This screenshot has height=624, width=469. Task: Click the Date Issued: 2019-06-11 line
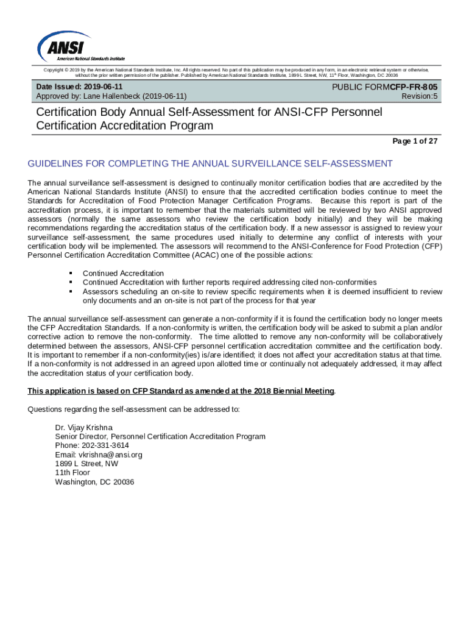click(x=83, y=87)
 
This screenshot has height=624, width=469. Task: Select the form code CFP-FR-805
click(x=413, y=87)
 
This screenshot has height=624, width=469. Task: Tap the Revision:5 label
click(x=420, y=96)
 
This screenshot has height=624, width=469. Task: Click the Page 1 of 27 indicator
click(x=415, y=141)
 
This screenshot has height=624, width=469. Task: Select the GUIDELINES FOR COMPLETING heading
click(x=210, y=164)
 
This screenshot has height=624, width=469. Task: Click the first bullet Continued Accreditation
click(x=123, y=274)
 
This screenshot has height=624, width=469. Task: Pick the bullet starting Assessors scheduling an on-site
click(x=262, y=292)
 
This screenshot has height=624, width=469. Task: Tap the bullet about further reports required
click(x=230, y=283)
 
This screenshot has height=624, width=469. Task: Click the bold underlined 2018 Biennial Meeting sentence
click(x=181, y=391)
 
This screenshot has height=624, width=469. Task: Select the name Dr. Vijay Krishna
click(x=84, y=428)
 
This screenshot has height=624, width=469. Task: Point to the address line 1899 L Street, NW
click(x=86, y=464)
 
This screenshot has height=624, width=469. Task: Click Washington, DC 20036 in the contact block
click(x=94, y=482)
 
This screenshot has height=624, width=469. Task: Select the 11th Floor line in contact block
click(x=72, y=473)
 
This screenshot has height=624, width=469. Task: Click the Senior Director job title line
click(x=160, y=437)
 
